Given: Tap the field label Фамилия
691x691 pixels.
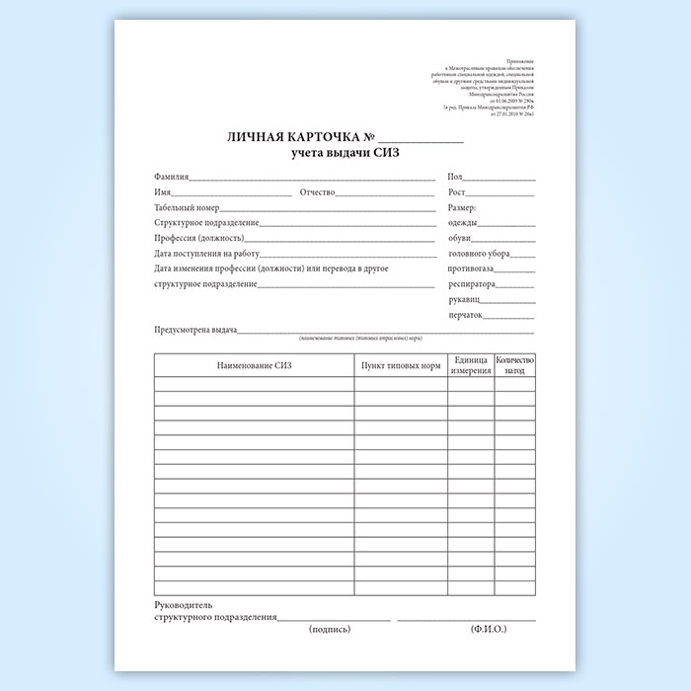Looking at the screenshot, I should point(172,177).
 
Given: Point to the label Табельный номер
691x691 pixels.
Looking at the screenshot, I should point(187,207).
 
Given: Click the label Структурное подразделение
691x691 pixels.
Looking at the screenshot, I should point(207,223).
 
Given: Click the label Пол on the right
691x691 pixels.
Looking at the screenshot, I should point(455,177).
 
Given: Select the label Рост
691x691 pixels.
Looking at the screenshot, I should point(456,192).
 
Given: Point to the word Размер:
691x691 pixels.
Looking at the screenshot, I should point(463,207).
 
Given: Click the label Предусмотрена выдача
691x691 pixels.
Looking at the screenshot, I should point(195,332).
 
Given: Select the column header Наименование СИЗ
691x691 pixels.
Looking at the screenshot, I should point(255,366).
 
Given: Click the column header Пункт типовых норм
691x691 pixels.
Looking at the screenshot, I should point(401,366).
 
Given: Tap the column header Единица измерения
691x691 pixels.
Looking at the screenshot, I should point(471,366).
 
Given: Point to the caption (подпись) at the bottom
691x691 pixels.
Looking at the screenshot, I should point(330,628).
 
